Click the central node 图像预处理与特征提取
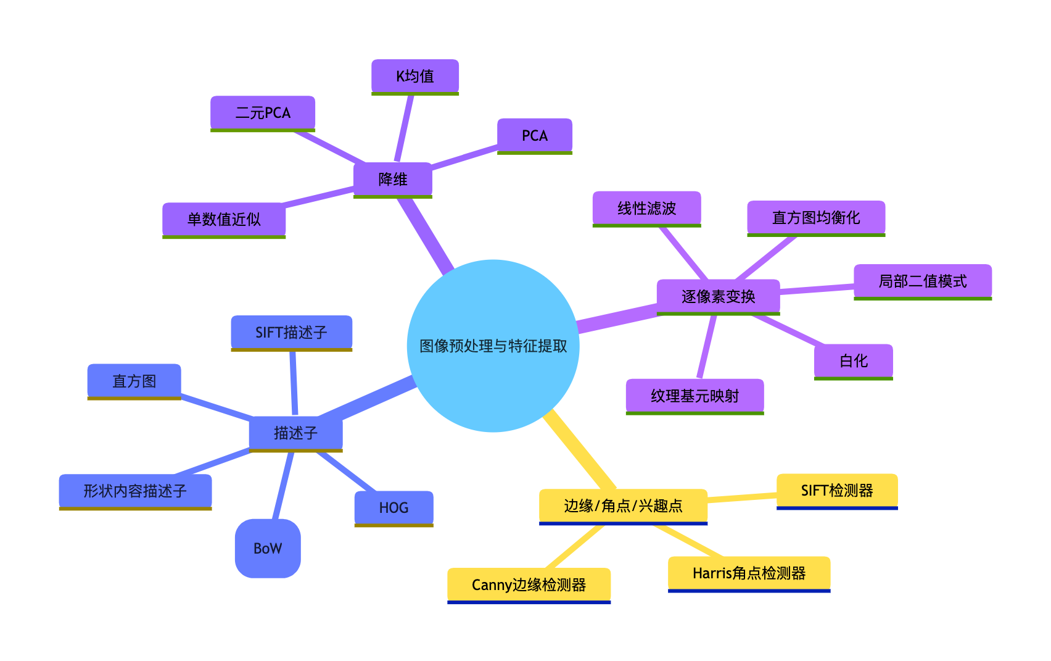click(x=493, y=346)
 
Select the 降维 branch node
click(x=393, y=180)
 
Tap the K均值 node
click(x=415, y=77)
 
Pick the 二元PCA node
click(x=263, y=113)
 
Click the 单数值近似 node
click(x=224, y=219)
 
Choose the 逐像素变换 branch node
click(x=718, y=297)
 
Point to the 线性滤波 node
click(x=646, y=209)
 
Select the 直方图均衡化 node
click(x=816, y=218)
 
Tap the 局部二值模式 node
click(x=922, y=281)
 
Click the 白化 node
click(x=853, y=361)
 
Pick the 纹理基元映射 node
click(x=694, y=396)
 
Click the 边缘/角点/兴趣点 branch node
click(x=623, y=506)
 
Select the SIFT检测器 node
click(x=836, y=491)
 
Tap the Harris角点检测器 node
click(x=749, y=573)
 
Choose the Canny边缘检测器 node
click(x=529, y=584)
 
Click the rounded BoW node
click(x=268, y=548)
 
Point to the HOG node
click(x=394, y=508)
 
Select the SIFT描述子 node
click(x=291, y=333)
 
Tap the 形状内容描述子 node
click(x=135, y=491)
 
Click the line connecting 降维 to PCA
click(x=464, y=157)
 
